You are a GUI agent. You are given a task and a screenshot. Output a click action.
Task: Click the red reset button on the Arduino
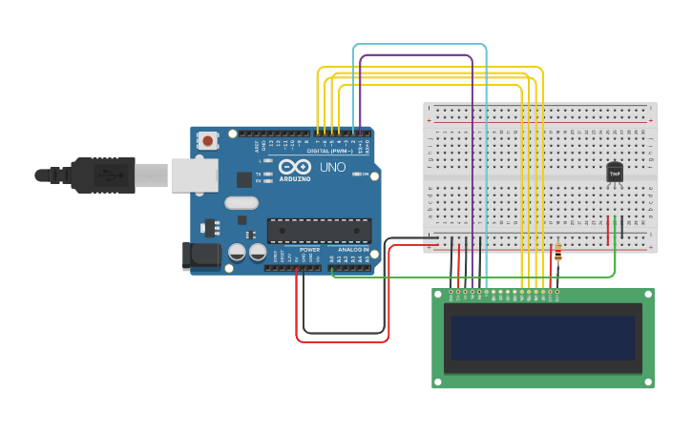[208, 141]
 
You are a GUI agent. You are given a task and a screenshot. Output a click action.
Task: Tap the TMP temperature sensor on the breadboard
[615, 173]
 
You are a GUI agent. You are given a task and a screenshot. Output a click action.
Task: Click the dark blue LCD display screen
[542, 338]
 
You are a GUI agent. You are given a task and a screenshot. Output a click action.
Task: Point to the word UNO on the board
[332, 167]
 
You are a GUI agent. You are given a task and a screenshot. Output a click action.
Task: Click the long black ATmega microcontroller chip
[319, 230]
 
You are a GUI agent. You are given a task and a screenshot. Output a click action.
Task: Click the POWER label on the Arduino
[309, 249]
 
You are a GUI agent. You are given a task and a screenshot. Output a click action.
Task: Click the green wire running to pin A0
[477, 278]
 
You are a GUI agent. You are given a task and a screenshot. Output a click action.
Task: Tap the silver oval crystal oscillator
[242, 202]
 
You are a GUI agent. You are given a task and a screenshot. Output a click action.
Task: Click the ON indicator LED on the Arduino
[356, 174]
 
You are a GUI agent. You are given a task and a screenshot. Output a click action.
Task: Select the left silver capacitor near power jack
[237, 253]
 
